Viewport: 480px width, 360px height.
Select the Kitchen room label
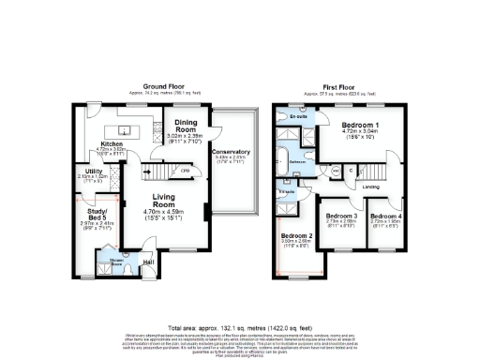112,144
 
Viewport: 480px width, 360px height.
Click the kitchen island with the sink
123,128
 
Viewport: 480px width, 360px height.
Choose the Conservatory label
231,151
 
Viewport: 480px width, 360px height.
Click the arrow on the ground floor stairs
147,172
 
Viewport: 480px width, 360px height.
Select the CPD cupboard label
186,172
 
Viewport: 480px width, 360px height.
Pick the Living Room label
165,199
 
